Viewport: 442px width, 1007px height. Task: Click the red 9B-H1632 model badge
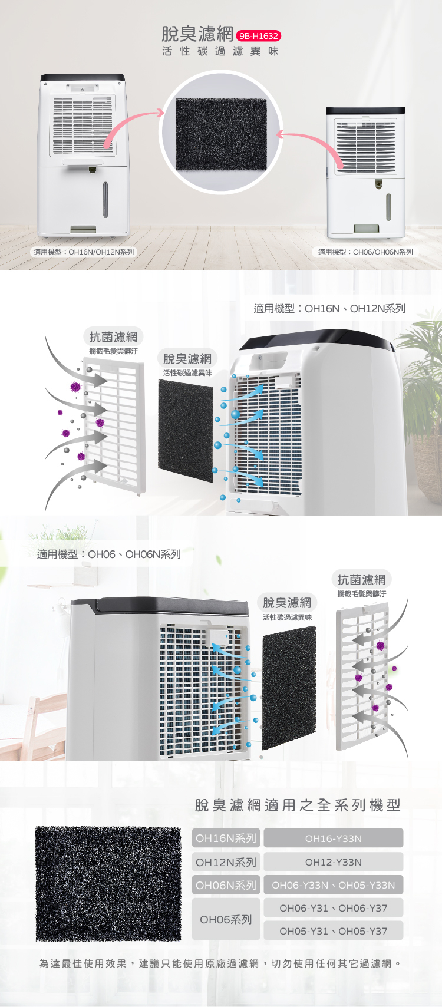tap(259, 36)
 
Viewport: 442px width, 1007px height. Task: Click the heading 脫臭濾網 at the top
tap(197, 34)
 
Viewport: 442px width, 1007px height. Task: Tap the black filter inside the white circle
tap(222, 134)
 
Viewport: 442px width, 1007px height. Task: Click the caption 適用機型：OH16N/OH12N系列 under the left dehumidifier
tap(84, 252)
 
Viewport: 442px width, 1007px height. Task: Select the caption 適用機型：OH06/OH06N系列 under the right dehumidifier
tap(365, 252)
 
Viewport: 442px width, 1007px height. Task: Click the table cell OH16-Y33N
tap(334, 838)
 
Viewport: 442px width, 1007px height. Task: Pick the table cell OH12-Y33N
tap(334, 862)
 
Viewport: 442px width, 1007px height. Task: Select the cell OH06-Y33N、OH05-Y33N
tap(334, 885)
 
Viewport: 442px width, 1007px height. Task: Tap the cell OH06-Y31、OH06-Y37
tap(334, 908)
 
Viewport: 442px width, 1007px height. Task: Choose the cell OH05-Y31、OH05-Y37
tap(334, 931)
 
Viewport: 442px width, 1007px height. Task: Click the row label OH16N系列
tap(226, 838)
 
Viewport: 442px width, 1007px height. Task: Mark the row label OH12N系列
tap(226, 862)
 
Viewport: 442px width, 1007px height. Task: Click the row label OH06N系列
tap(226, 885)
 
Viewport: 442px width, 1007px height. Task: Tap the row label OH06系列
tap(226, 919)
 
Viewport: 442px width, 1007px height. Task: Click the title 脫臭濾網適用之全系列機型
tap(298, 805)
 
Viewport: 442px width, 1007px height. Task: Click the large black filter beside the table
tap(108, 883)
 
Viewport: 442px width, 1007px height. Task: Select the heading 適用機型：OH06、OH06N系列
tap(108, 554)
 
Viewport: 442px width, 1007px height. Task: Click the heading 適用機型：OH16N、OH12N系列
tap(329, 308)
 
